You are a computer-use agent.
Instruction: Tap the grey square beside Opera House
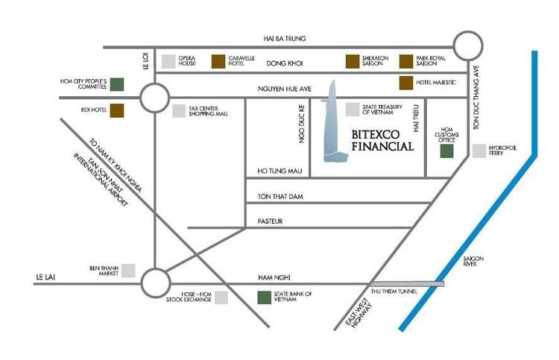169,61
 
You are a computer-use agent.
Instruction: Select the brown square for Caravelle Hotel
218,61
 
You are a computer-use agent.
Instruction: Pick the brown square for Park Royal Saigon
406,61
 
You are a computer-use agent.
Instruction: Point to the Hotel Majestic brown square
406,83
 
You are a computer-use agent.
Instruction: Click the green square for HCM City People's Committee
117,83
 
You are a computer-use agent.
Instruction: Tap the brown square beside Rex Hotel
117,110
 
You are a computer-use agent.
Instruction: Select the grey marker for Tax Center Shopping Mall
179,111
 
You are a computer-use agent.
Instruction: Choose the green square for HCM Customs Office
447,151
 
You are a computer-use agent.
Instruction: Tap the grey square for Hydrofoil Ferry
479,151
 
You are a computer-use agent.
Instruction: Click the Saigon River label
473,262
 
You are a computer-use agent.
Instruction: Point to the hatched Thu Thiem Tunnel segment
407,284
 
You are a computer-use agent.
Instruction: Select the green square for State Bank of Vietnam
264,297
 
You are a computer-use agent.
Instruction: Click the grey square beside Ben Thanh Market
128,271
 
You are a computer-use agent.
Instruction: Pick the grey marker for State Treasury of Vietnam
352,110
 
